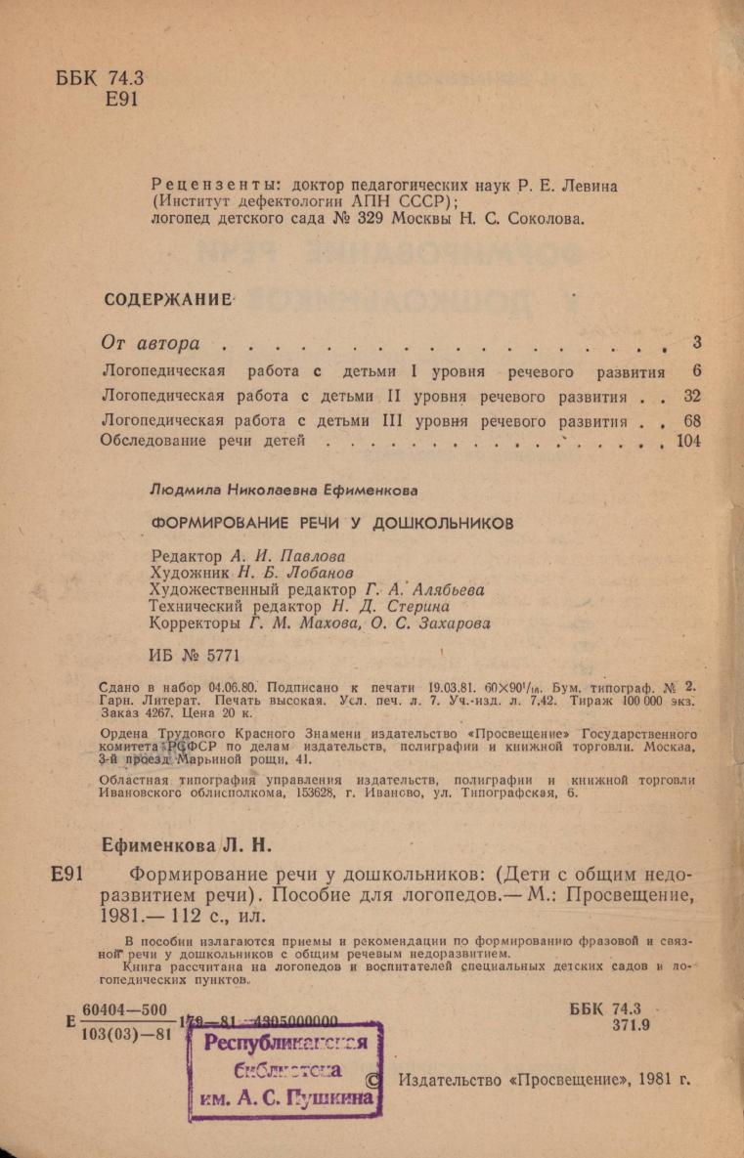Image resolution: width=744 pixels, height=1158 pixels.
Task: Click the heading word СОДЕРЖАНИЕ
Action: pos(168,299)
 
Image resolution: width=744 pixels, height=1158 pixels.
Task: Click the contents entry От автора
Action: pos(152,343)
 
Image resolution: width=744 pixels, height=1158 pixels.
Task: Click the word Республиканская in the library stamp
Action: pos(285,1043)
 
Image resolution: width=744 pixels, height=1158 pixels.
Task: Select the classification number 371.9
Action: pos(632,1025)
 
